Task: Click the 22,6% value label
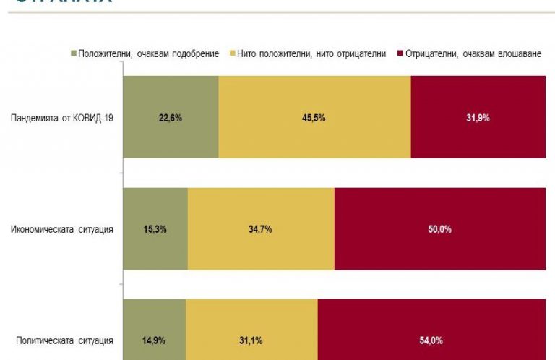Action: (x=171, y=118)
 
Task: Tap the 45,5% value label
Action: (x=315, y=118)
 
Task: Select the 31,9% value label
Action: (x=478, y=118)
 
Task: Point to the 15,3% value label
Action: (x=155, y=230)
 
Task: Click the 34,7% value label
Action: (x=261, y=230)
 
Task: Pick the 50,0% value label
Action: (x=440, y=230)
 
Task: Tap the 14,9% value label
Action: (x=155, y=340)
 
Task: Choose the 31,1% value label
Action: (x=251, y=340)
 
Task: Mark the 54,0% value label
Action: (x=431, y=340)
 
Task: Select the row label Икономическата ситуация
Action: (x=62, y=230)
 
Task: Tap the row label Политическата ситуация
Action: (x=65, y=340)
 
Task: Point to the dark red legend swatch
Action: (x=400, y=54)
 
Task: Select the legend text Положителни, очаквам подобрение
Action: (x=149, y=54)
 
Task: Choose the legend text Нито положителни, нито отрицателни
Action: (x=312, y=54)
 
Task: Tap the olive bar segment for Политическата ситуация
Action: (x=155, y=325)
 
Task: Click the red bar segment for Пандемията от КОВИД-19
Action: (x=478, y=137)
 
